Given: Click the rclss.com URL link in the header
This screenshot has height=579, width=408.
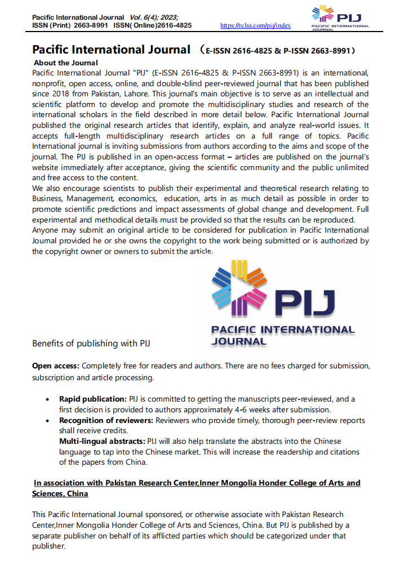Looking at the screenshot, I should [x=255, y=25].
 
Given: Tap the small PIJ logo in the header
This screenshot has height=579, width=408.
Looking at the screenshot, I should [x=340, y=17].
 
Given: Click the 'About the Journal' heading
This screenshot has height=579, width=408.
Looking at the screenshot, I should [x=65, y=63].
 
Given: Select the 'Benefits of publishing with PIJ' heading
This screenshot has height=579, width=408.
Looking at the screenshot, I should [x=91, y=343].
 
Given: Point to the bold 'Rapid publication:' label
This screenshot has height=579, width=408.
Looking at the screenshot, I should [x=93, y=399].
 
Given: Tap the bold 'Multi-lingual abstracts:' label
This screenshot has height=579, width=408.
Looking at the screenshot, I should [x=102, y=442].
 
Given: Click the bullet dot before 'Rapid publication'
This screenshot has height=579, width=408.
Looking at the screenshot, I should [x=47, y=399].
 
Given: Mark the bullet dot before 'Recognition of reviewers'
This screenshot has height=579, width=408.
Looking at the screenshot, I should [x=47, y=421].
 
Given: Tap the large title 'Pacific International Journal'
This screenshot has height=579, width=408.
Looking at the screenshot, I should [x=111, y=50].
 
